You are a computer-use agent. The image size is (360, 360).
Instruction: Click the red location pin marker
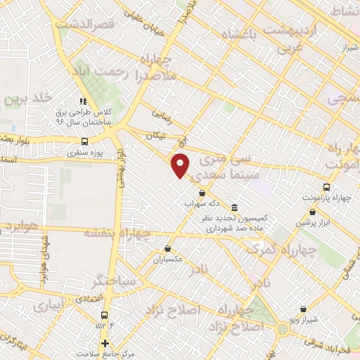[181, 165]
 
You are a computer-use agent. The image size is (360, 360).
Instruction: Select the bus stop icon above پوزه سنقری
[85, 140]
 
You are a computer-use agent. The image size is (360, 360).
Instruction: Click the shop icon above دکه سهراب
[202, 193]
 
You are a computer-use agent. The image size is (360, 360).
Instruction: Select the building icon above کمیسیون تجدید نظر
[234, 207]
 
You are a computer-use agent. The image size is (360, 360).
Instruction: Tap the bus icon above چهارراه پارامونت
[326, 187]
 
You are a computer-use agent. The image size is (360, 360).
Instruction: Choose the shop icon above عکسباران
[167, 248]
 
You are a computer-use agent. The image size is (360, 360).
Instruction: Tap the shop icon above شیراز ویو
[303, 309]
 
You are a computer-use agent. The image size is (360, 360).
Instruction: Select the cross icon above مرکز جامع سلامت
[105, 343]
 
